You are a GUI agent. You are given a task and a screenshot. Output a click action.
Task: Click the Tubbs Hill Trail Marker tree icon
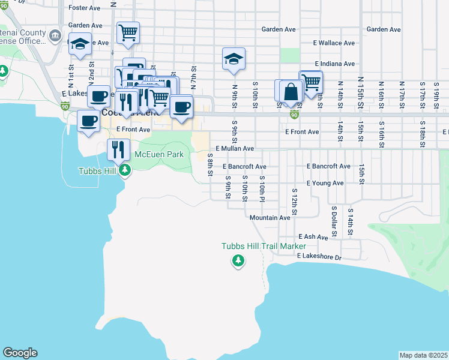click(238, 260)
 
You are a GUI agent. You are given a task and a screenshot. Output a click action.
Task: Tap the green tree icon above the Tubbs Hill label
click(125, 171)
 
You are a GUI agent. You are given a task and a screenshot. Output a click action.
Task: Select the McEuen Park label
click(158, 154)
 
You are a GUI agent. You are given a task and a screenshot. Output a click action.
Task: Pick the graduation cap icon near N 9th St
click(234, 59)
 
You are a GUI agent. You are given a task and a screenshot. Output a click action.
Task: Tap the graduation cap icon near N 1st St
click(80, 43)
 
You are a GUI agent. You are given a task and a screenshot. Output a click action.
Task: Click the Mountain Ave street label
click(270, 218)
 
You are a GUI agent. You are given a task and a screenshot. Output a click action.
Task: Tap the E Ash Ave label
click(312, 237)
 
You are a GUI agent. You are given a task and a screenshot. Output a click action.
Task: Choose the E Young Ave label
click(325, 183)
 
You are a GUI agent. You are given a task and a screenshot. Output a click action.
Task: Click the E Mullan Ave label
click(235, 148)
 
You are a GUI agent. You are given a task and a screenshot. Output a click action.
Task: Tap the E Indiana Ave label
click(334, 64)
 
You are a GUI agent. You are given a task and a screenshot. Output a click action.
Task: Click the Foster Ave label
click(85, 8)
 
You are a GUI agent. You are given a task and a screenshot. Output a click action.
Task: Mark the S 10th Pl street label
click(262, 188)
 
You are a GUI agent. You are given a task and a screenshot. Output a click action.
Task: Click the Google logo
click(20, 353)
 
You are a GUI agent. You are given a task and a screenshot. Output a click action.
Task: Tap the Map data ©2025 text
click(423, 355)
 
